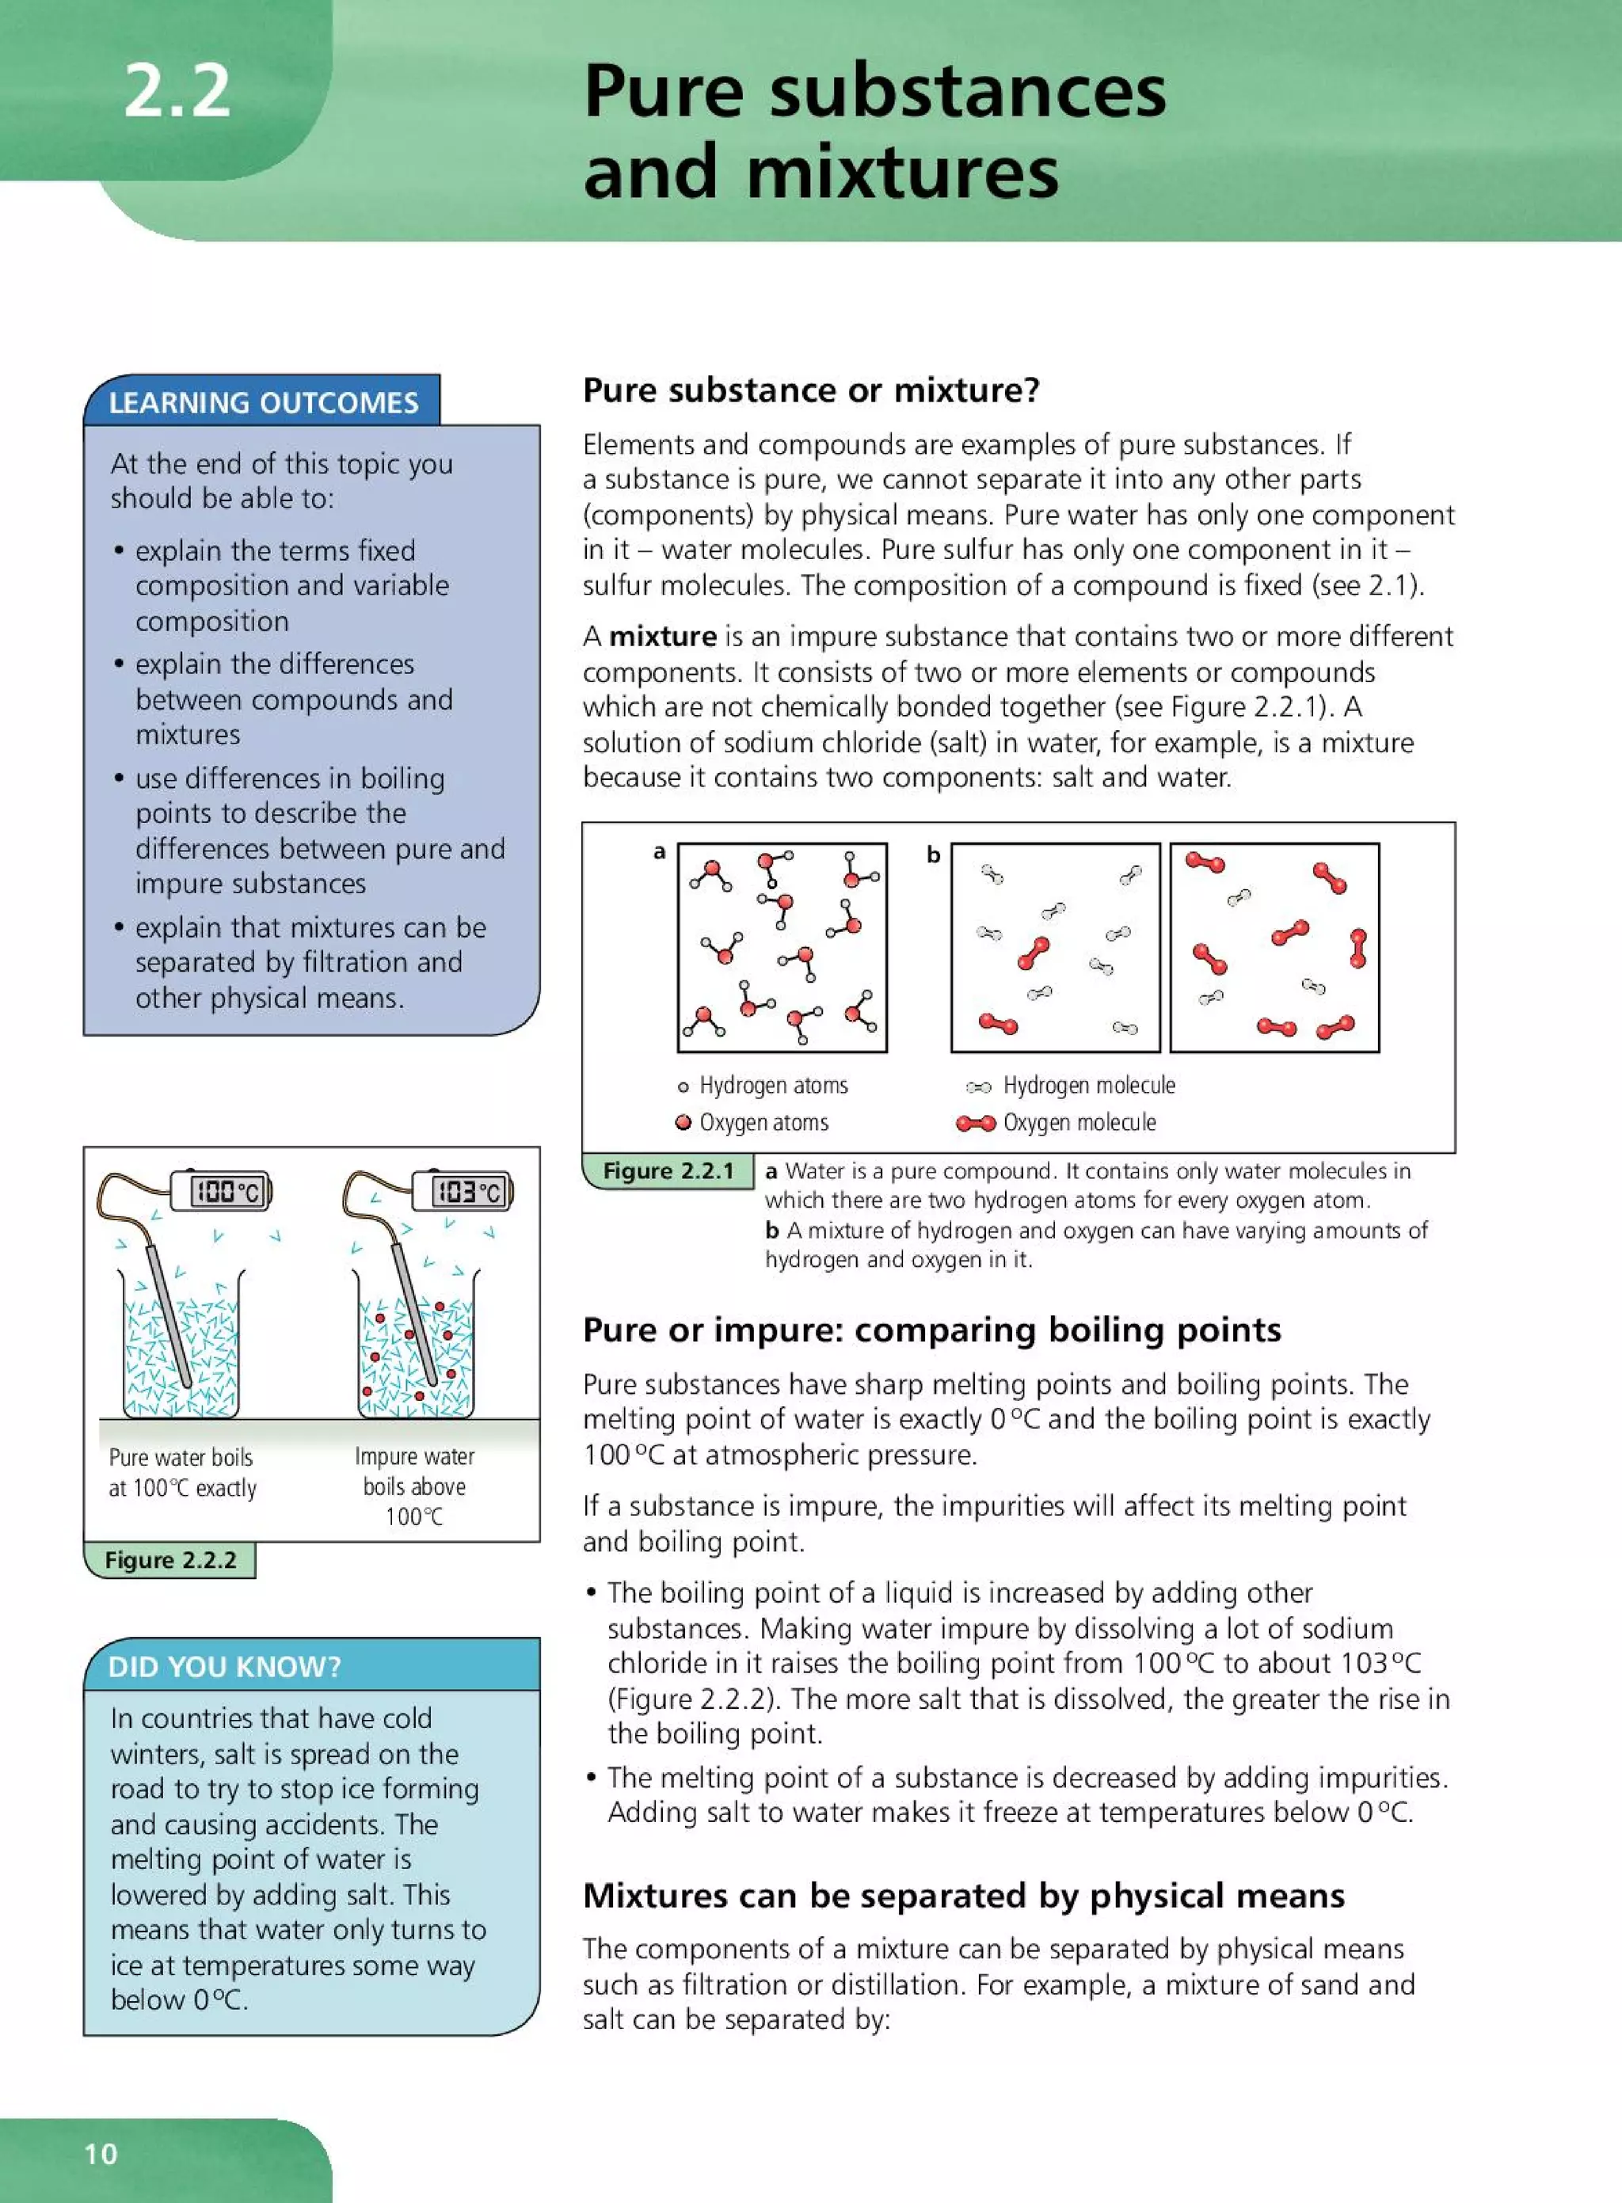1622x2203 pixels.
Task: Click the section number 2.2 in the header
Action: click(x=177, y=91)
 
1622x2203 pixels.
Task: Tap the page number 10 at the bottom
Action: click(x=100, y=2153)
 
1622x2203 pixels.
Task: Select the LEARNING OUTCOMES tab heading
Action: click(x=263, y=402)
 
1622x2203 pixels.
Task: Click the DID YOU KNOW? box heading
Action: click(x=225, y=1666)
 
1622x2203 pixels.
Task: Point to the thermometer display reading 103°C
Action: click(x=470, y=1192)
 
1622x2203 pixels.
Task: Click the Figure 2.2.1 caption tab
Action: click(x=668, y=1170)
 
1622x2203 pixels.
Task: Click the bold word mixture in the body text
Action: click(x=663, y=636)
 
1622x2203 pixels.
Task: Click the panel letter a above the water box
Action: click(x=660, y=851)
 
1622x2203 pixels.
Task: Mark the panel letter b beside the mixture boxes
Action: click(x=934, y=855)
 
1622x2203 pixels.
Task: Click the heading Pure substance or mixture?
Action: click(x=811, y=390)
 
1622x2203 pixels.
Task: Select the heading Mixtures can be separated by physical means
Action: click(x=963, y=1895)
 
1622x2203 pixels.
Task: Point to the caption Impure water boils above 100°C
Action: click(x=414, y=1486)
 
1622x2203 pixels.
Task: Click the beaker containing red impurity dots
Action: click(x=417, y=1355)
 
